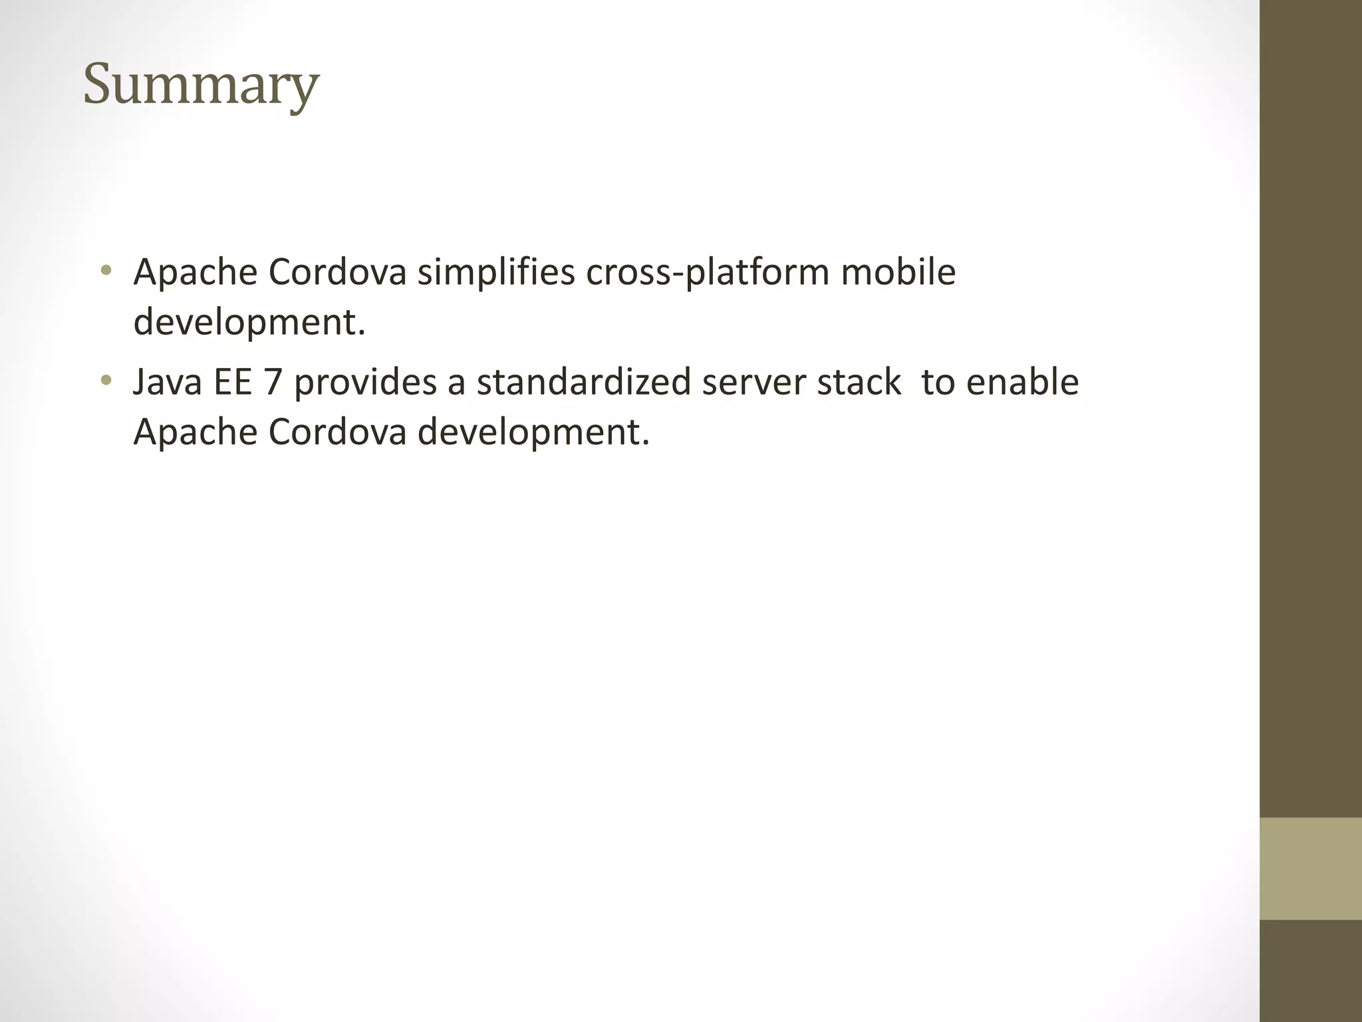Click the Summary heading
[201, 85]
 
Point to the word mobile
[898, 272]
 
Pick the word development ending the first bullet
[249, 323]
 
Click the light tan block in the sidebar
[1311, 868]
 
